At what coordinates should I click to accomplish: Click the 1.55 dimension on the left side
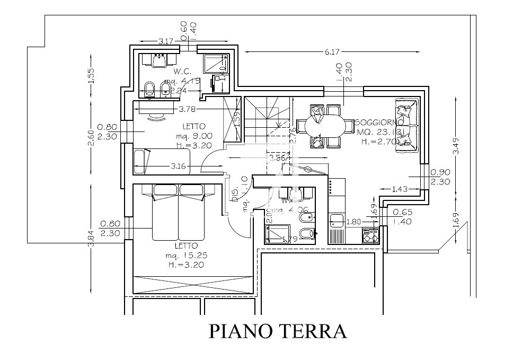coord(91,76)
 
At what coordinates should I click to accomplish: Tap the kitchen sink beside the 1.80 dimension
coord(336,219)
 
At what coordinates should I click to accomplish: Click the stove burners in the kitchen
coord(370,234)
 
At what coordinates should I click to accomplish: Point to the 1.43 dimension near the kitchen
coord(400,189)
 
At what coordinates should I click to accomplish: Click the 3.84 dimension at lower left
coord(91,239)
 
